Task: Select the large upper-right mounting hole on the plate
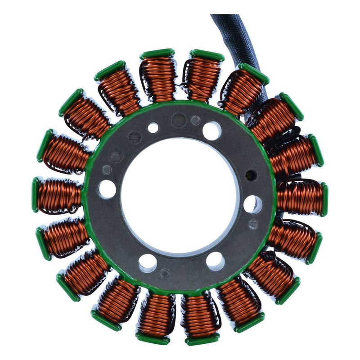(x=211, y=131)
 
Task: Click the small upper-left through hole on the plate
(x=153, y=127)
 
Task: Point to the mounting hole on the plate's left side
(x=107, y=189)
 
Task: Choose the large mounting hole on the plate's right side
(x=252, y=204)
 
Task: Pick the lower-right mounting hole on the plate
(x=215, y=261)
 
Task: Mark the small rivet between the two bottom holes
(x=165, y=273)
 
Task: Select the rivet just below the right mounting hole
(x=253, y=224)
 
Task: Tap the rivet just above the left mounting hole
(x=107, y=170)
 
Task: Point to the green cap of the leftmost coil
(x=35, y=194)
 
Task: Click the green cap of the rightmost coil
(x=324, y=199)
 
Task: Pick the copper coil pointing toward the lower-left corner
(x=85, y=272)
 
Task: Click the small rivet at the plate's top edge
(x=195, y=120)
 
